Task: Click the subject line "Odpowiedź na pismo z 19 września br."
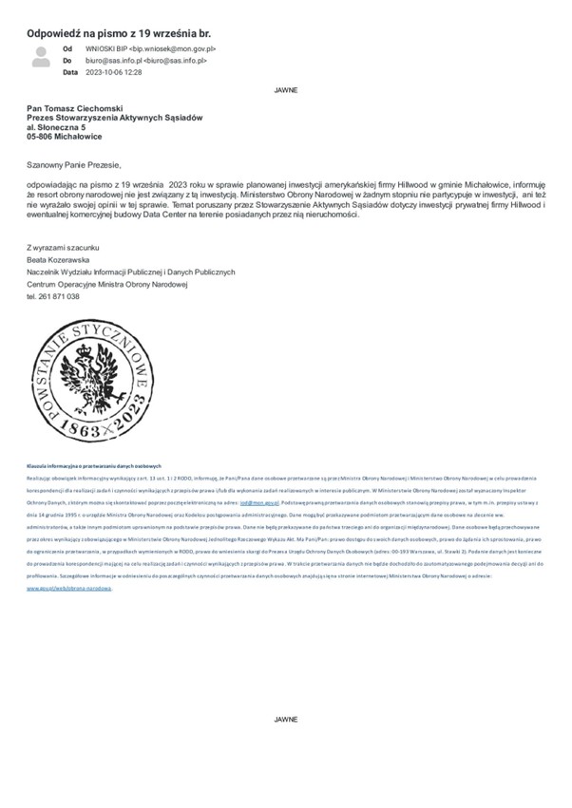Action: [x=119, y=32]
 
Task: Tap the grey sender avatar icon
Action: [x=41, y=57]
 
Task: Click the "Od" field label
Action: [x=67, y=47]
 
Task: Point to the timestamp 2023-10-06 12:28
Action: [x=114, y=72]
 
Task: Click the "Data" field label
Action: [x=69, y=72]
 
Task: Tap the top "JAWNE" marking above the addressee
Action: [x=285, y=90]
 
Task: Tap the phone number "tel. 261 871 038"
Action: [x=53, y=296]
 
